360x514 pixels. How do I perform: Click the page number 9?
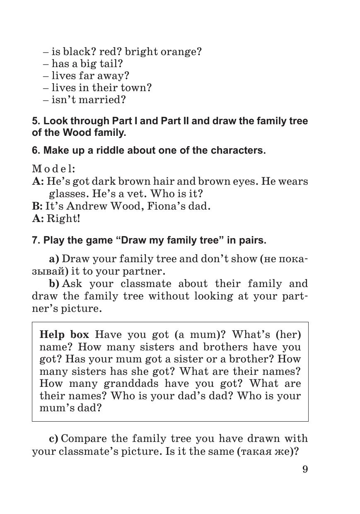click(x=305, y=469)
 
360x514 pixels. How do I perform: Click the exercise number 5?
click(x=35, y=121)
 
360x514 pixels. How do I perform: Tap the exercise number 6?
click(x=35, y=150)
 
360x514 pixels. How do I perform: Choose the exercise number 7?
click(x=35, y=241)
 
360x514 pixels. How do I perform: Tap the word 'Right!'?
click(x=63, y=219)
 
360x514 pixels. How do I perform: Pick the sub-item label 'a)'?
click(x=54, y=259)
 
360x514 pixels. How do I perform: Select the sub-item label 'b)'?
click(x=54, y=284)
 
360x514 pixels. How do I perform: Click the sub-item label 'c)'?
click(x=54, y=439)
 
